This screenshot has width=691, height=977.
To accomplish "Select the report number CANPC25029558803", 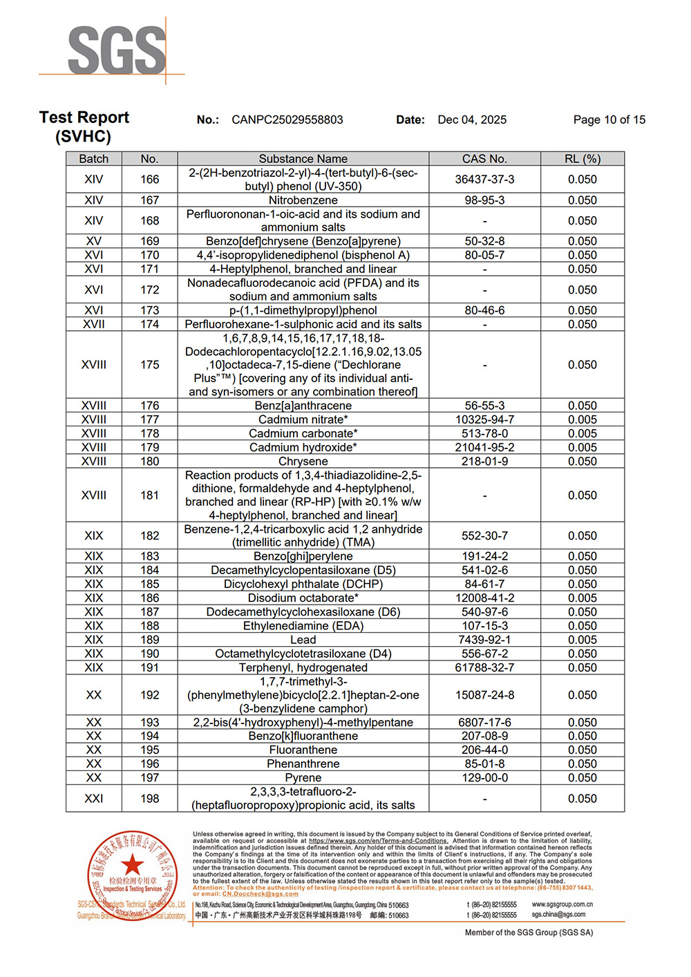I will coord(287,120).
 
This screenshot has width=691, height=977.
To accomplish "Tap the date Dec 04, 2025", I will coord(472,120).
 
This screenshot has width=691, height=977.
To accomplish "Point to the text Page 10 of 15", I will coord(609,120).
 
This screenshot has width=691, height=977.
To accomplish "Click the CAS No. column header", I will coord(484,159).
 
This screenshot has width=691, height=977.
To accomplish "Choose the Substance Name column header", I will coord(303,159).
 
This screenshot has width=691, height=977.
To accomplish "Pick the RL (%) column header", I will coord(582,159).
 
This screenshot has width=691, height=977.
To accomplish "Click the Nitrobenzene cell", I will coord(303,200).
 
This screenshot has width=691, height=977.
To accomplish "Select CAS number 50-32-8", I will coord(484,241).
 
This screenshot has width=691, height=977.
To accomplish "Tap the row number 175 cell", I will coord(149,365).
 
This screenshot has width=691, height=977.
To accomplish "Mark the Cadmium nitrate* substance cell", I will coord(303,419).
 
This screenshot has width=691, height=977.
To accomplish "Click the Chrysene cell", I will coord(303,461).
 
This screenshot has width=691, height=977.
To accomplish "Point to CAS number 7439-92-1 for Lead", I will coord(484,640).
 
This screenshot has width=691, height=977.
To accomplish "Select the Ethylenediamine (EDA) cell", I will coord(303,626).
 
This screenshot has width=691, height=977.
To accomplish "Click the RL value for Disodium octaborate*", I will coord(582,598).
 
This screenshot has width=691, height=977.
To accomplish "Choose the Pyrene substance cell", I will coord(303,778).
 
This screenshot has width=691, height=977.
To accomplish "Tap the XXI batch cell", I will coord(94,799).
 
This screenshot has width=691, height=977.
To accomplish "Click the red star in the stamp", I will coord(132,864).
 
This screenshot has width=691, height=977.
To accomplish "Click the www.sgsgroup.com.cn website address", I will coord(562,904).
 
